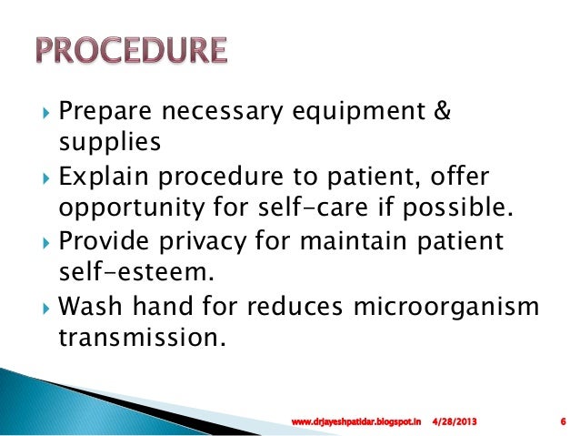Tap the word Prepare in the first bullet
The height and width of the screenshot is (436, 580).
(x=98, y=112)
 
